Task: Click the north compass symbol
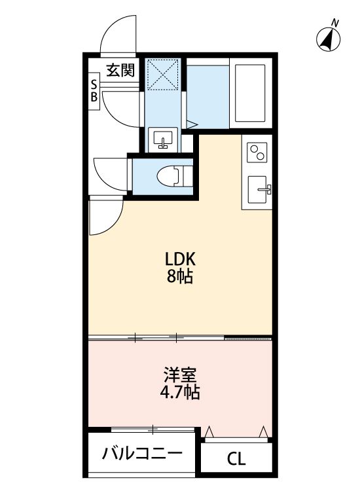coord(328,40)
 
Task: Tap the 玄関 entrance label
coord(120,70)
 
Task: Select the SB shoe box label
coord(94,91)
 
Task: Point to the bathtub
coord(250,93)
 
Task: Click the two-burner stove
coord(257,153)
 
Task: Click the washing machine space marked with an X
coord(162,75)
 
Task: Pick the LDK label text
coord(180,259)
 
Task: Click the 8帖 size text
coord(179,276)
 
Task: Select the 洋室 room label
coord(180,374)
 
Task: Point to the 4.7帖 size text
coord(180,391)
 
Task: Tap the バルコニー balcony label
coord(142,454)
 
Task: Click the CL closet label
coord(236,460)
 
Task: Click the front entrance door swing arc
coord(108,29)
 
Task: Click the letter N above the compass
coord(335,23)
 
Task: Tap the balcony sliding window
coord(153,429)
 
